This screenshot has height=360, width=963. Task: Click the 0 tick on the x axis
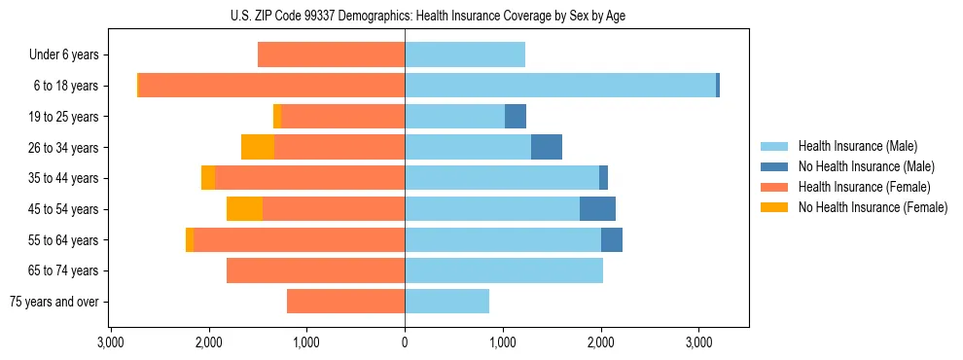click(x=405, y=342)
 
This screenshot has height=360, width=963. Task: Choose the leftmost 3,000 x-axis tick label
click(x=111, y=342)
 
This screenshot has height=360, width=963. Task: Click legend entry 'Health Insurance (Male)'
click(x=857, y=146)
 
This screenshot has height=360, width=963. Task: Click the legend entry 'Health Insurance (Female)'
click(x=864, y=187)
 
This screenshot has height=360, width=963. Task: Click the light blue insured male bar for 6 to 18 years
click(x=560, y=86)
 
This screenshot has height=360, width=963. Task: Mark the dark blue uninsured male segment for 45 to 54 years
click(x=597, y=209)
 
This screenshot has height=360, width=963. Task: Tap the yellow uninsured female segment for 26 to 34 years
click(x=258, y=148)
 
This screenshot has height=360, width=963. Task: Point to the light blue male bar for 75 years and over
click(x=446, y=302)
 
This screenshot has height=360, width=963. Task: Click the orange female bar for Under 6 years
click(x=331, y=55)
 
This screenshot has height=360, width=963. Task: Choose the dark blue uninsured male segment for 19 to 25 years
click(x=516, y=117)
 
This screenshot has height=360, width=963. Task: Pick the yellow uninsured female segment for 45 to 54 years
click(x=244, y=209)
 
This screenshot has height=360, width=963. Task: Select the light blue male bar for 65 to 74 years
click(x=504, y=270)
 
